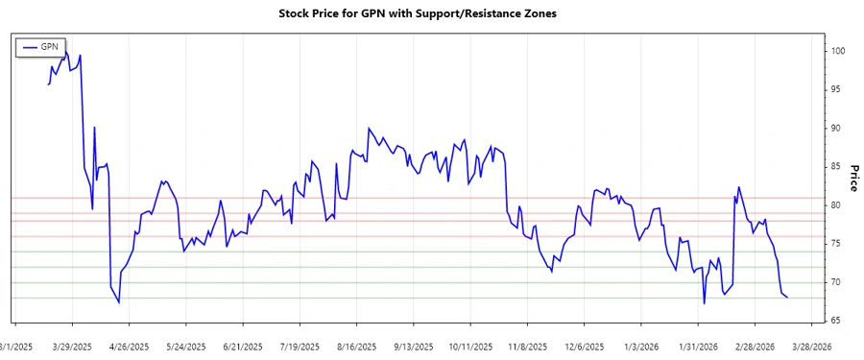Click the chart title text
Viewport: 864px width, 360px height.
[418, 14]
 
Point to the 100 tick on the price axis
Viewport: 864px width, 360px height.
[838, 51]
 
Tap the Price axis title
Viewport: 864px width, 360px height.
[853, 178]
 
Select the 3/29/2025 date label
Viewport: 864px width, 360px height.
[72, 346]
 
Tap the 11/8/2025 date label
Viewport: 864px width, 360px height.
[528, 346]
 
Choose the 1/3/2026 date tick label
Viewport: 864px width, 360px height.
[640, 346]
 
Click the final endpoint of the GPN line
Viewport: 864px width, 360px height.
[788, 298]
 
